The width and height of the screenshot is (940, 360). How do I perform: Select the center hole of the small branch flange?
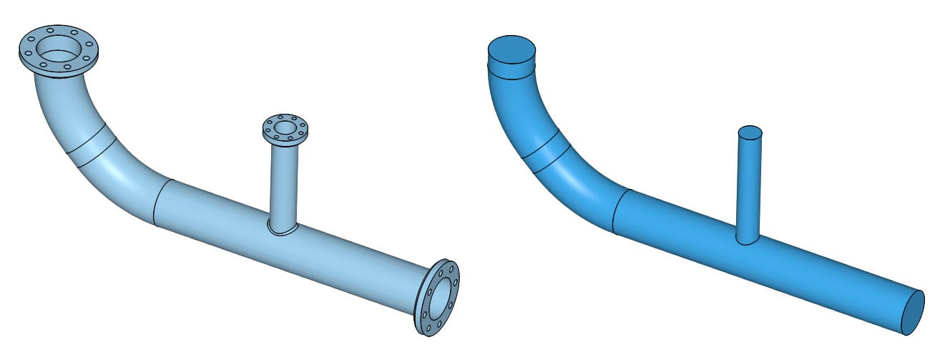tap(285, 128)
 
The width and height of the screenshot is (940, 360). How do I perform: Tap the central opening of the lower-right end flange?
tap(439, 297)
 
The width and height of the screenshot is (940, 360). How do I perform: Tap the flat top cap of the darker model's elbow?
tap(511, 51)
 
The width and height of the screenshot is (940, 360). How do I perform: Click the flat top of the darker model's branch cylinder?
tap(750, 132)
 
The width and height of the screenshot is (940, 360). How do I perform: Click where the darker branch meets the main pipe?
tap(748, 242)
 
